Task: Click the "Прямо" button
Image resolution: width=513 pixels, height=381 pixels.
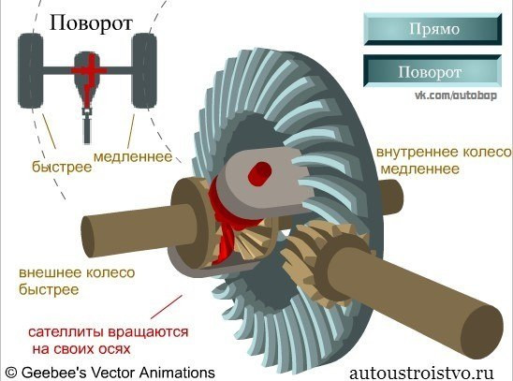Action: (432, 29)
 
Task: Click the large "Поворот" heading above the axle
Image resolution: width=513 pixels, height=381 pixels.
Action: (91, 23)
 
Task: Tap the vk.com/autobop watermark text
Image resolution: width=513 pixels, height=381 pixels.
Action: (456, 95)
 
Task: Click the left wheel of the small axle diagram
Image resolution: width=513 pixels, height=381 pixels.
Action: (31, 70)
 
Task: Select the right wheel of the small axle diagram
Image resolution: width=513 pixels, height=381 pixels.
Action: (144, 70)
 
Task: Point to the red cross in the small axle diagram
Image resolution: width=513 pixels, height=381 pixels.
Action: (89, 70)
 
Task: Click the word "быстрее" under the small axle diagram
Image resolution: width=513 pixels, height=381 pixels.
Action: (62, 167)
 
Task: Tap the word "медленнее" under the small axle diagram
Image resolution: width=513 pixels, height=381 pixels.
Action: (133, 157)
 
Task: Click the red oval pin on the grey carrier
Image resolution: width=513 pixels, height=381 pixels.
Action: (259, 174)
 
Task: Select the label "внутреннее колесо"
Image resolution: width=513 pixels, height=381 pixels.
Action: (444, 152)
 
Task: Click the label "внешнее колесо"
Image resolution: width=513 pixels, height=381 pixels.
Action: (77, 272)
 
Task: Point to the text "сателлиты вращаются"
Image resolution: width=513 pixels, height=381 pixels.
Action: (109, 332)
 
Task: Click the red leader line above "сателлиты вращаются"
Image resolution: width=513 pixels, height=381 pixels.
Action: (167, 307)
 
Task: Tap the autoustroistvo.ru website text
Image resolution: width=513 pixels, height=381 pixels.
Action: (421, 374)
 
